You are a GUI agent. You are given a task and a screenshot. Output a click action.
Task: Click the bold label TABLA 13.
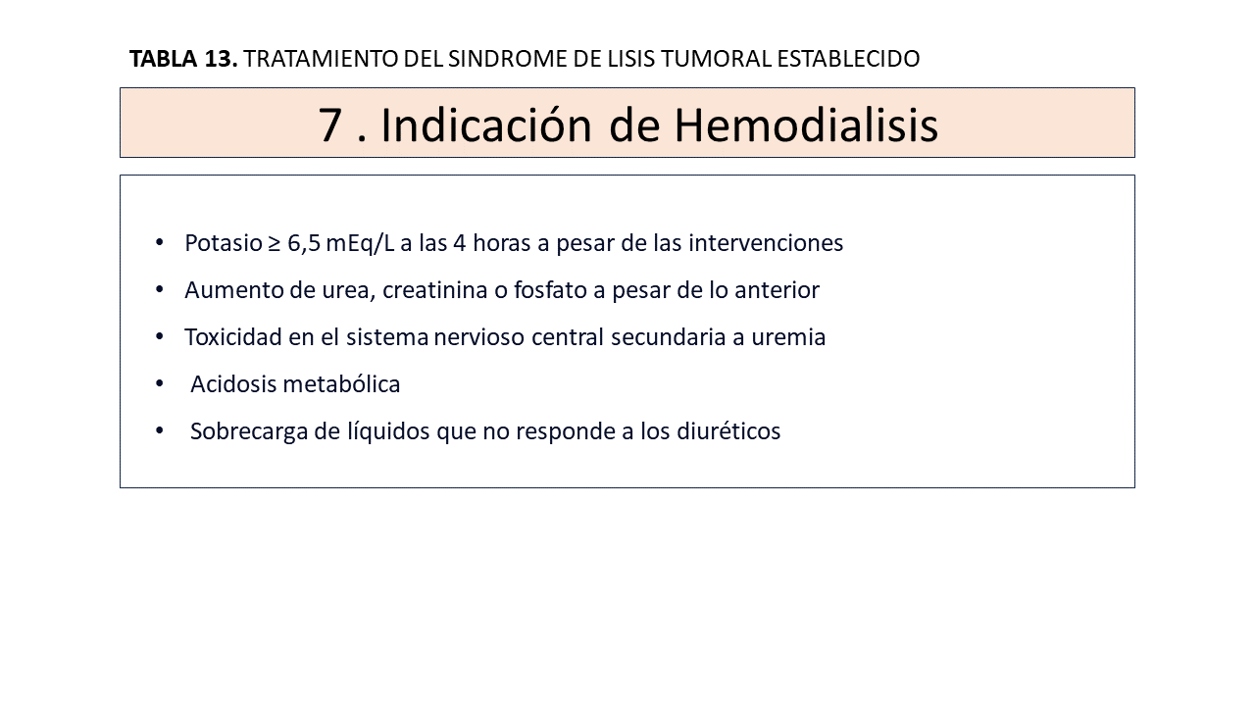pyautogui.click(x=183, y=59)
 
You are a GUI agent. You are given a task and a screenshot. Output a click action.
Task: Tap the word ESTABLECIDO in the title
pyautogui.click(x=848, y=59)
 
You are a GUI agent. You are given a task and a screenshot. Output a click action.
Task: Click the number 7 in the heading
pyautogui.click(x=330, y=126)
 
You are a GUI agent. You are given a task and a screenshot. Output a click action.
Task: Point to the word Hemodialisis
pyautogui.click(x=806, y=126)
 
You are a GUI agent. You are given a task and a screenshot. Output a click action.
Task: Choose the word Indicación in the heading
pyautogui.click(x=485, y=126)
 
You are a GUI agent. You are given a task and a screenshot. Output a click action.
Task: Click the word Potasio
pyautogui.click(x=223, y=243)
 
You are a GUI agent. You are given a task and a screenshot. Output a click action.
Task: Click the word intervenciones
pyautogui.click(x=766, y=243)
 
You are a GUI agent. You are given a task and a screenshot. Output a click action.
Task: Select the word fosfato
pyautogui.click(x=550, y=290)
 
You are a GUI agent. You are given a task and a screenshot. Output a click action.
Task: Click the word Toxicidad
pyautogui.click(x=233, y=337)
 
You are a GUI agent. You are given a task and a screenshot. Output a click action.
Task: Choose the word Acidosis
pyautogui.click(x=233, y=384)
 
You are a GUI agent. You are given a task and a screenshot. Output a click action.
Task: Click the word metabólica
pyautogui.click(x=342, y=384)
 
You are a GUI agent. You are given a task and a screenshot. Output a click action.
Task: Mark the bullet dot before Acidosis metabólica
pyautogui.click(x=160, y=383)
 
